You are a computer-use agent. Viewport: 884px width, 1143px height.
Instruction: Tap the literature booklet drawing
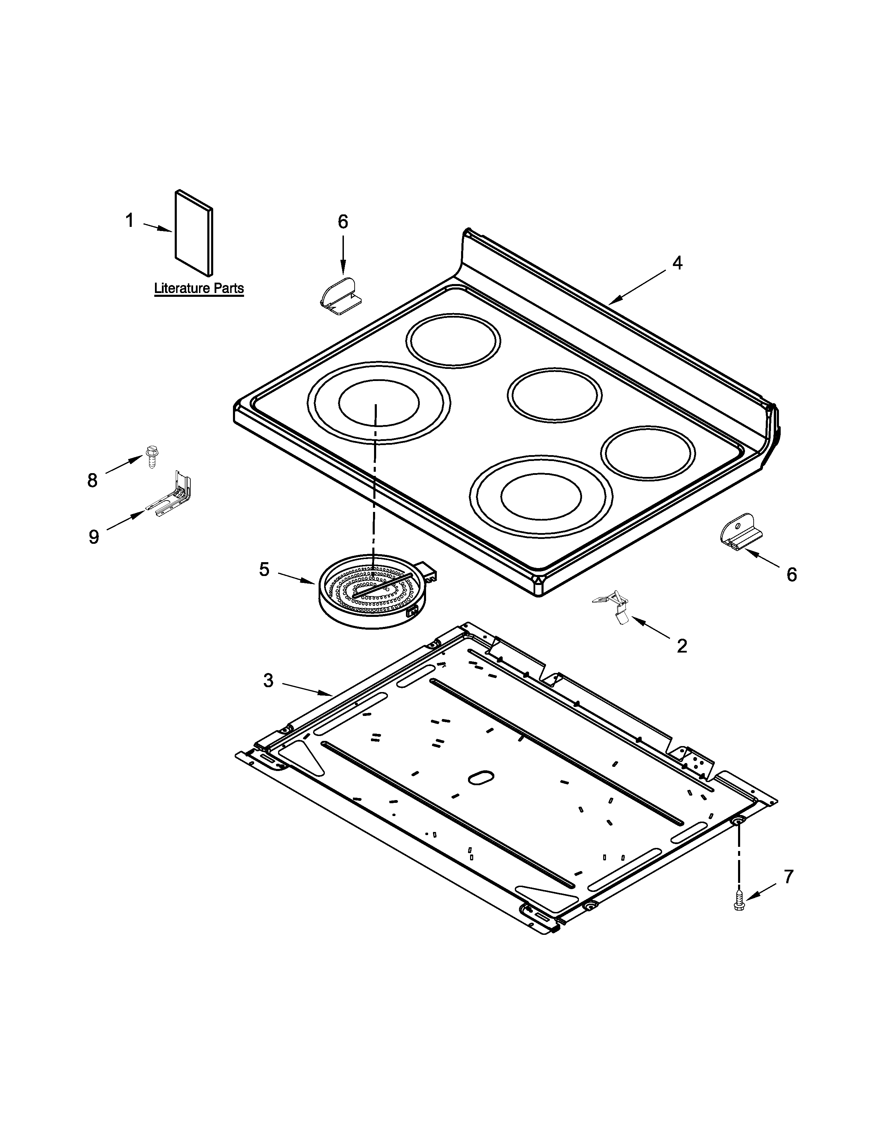pos(194,232)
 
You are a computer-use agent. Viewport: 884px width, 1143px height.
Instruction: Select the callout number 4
pos(677,263)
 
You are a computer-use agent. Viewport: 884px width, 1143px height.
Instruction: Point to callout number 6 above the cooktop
pos(343,222)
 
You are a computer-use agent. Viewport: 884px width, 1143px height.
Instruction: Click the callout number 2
pos(681,646)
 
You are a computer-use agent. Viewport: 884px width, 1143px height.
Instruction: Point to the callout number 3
pos(268,680)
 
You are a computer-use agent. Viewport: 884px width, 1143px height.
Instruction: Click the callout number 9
pos(94,537)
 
